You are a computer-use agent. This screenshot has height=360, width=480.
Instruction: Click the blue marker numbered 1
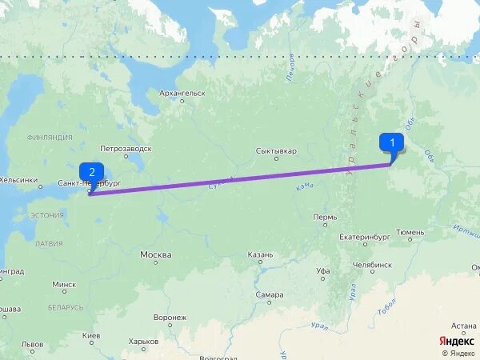(x=391, y=143)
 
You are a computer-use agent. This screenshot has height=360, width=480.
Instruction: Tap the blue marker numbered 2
(x=91, y=172)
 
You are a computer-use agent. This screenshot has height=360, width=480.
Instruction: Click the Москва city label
(x=155, y=255)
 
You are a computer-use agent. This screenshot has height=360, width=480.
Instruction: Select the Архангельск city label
(x=182, y=94)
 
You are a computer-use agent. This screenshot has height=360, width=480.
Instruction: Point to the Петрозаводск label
(x=126, y=149)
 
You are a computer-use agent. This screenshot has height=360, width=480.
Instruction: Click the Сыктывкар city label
(x=276, y=150)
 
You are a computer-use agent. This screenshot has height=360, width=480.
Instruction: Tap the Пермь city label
(x=326, y=217)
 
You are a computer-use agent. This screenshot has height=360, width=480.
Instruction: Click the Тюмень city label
(x=411, y=232)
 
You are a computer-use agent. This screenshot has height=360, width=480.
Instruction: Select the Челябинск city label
(x=372, y=264)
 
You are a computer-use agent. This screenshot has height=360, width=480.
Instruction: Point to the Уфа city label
(x=322, y=271)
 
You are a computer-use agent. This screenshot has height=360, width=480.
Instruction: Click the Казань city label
(x=260, y=255)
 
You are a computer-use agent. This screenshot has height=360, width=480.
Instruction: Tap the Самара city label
(x=270, y=294)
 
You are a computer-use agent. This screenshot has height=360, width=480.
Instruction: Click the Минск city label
(x=64, y=284)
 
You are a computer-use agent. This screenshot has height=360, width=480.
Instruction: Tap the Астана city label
(x=463, y=326)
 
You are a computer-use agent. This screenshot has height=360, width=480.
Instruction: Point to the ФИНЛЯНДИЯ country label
(x=50, y=138)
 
